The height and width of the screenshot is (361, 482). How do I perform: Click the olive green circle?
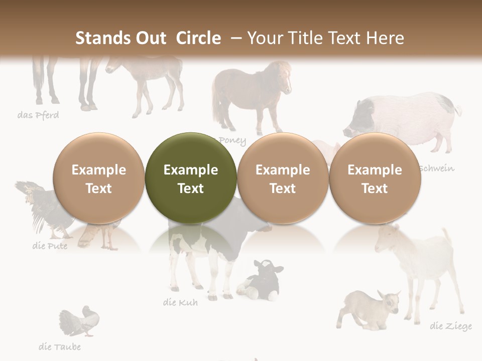[190, 178]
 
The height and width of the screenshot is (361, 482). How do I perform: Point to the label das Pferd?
[38, 115]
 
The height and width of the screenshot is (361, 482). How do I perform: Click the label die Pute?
[50, 246]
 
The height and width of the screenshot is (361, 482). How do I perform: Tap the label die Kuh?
[180, 302]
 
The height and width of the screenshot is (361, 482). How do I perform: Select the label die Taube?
[60, 346]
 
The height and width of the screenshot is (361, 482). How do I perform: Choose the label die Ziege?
[451, 326]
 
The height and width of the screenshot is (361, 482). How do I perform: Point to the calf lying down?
[261, 281]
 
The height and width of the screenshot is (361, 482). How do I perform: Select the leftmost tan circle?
[98, 178]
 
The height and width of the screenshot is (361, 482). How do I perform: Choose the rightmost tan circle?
[375, 178]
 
